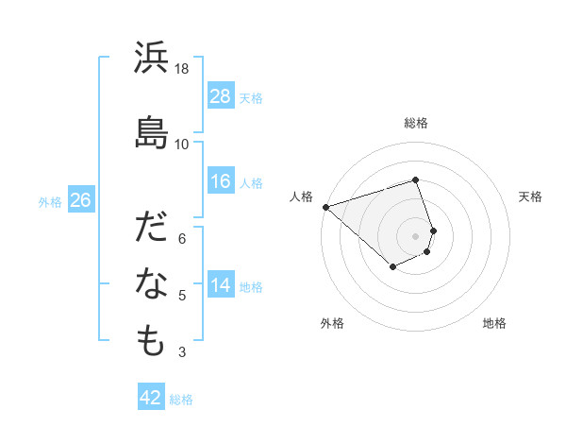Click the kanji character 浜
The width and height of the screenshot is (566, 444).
152,60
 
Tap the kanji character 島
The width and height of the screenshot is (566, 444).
152,132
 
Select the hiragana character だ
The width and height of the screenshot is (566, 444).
152,230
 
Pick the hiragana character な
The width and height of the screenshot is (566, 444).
152,285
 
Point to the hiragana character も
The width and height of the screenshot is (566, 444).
152,341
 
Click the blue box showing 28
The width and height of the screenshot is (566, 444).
221,96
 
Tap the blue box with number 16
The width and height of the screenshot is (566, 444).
221,181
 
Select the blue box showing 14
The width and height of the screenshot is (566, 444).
221,285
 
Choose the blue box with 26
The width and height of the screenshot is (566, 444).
81,200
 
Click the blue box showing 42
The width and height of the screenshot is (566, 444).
151,398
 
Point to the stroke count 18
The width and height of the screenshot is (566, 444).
182,69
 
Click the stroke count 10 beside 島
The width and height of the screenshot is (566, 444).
182,144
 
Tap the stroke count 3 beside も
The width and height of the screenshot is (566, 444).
182,352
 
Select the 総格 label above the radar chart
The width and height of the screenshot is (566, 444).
416,123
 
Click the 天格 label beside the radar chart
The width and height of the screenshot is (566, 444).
530,196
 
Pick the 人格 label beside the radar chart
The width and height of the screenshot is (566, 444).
302,196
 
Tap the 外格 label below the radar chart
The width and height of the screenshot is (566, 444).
332,323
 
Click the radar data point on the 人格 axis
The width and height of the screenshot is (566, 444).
325,206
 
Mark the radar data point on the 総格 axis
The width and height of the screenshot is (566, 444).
416,179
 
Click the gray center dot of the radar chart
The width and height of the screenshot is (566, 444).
416,235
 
